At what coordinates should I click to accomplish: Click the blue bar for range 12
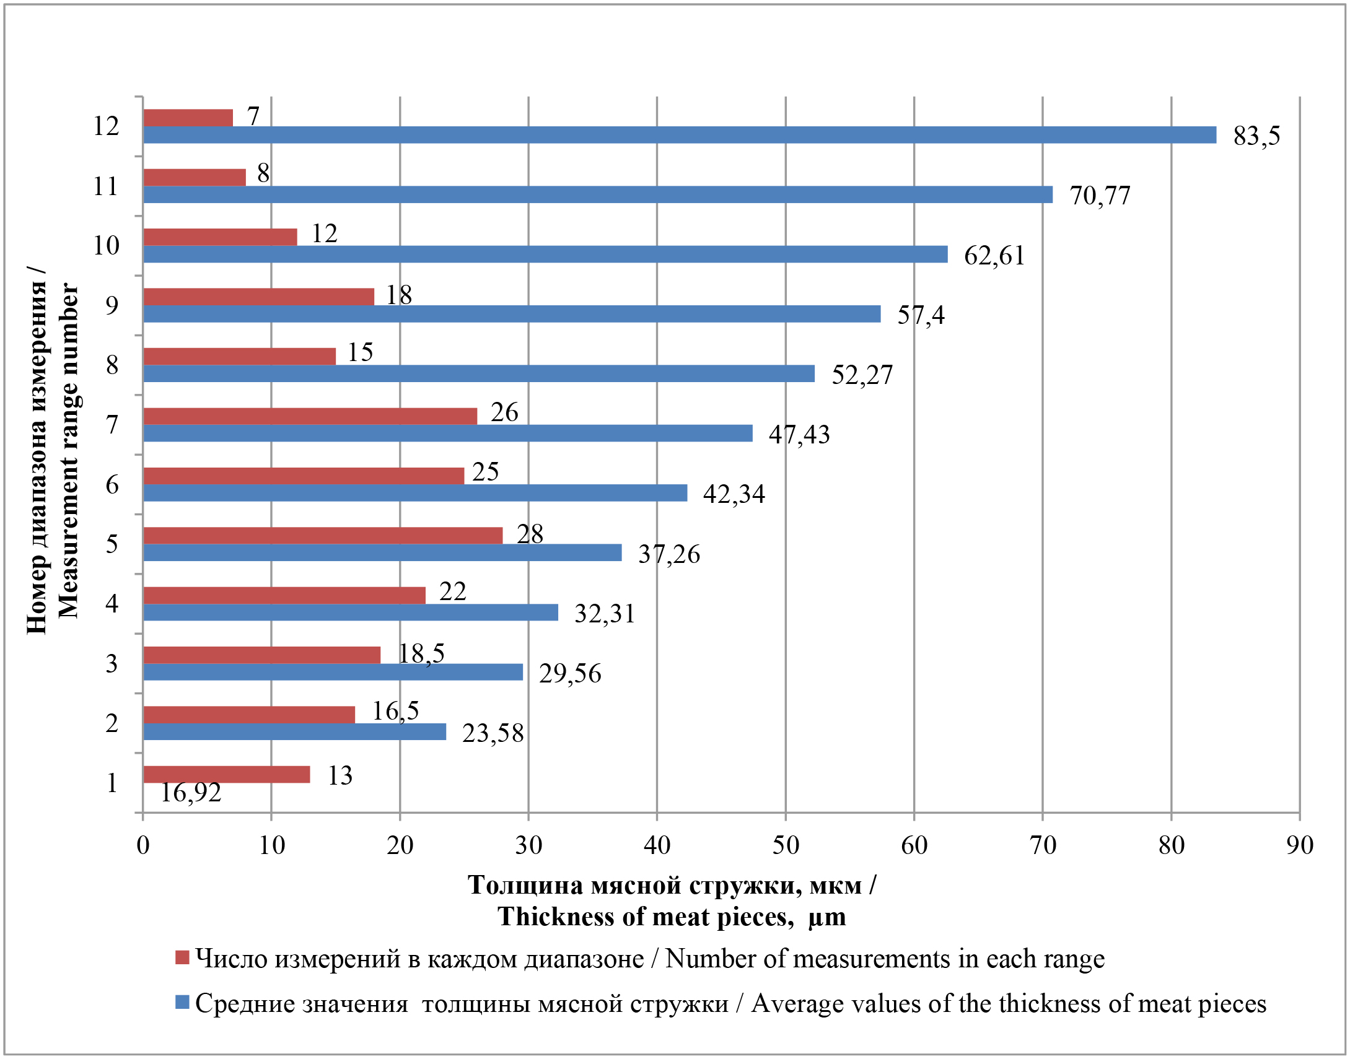coord(679,135)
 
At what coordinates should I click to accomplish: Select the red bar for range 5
coord(322,535)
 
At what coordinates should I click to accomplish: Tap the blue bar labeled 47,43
coord(448,434)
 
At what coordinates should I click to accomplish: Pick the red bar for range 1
coord(226,774)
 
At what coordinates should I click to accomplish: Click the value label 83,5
coord(1256,136)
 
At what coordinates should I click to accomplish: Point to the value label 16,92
coord(191,792)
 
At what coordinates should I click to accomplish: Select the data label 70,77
coord(1100,195)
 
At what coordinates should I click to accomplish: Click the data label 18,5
coord(421,653)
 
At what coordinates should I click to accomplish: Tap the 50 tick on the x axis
coord(785,845)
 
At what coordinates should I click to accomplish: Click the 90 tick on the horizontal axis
coord(1299,845)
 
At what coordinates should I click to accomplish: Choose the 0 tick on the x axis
coord(143,845)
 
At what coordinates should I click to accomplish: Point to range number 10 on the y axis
coord(106,245)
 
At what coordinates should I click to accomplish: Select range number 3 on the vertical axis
coord(112,663)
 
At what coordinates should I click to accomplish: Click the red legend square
coord(182,958)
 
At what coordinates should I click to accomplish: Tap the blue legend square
coord(182,1003)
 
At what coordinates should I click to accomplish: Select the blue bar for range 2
coord(294,731)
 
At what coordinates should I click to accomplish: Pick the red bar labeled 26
coord(310,416)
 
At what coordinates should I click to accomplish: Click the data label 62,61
coord(994,255)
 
